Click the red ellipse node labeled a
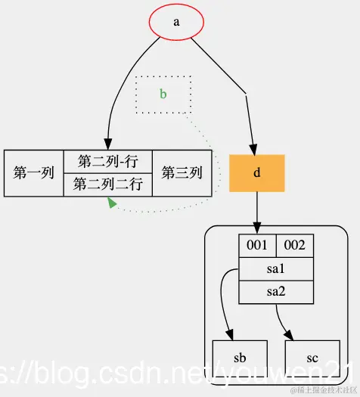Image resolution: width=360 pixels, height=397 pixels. coord(176,22)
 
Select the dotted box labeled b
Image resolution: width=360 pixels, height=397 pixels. coord(163,95)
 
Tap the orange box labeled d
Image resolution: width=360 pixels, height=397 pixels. coord(256,173)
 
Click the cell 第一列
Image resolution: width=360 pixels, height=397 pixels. coord(34,173)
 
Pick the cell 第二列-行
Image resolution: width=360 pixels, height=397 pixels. coord(107,162)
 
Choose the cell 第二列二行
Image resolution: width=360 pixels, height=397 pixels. coord(107,185)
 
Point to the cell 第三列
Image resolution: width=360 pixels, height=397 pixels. coord(182,173)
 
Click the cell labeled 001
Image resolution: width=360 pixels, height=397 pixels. coord(257,246)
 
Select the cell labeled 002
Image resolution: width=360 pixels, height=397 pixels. coord(294,246)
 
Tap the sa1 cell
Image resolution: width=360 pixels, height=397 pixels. coord(275,268)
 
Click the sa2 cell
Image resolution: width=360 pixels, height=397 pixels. coord(275,291)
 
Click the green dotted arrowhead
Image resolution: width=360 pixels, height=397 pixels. coord(112,203)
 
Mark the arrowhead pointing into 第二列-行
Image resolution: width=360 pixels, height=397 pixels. coord(107,144)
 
